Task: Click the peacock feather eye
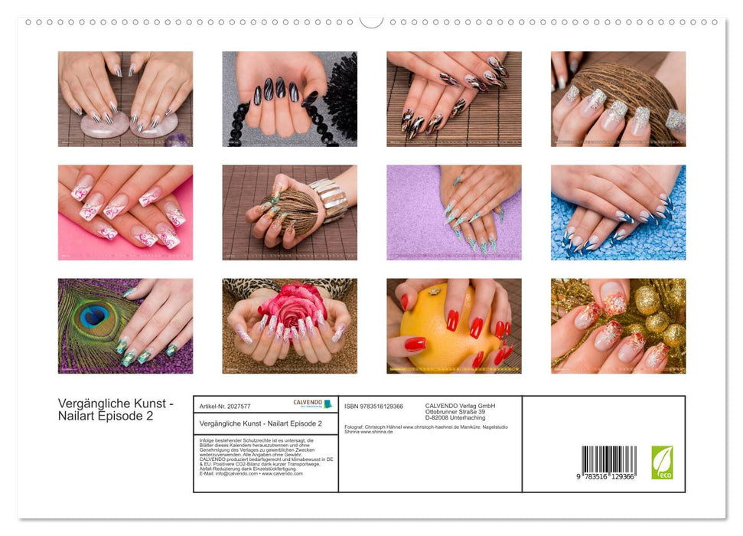pyautogui.click(x=93, y=315)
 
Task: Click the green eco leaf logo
pyautogui.click(x=662, y=462)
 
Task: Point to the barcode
pyautogui.click(x=608, y=461)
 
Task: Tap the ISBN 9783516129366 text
pyautogui.click(x=373, y=406)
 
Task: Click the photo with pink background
pyautogui.click(x=125, y=213)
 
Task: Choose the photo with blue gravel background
pyautogui.click(x=618, y=213)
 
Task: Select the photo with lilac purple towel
pyautogui.click(x=454, y=213)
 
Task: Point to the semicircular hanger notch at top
pyautogui.click(x=371, y=21)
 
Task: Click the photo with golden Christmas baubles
pyautogui.click(x=618, y=326)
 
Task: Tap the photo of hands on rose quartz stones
pyautogui.click(x=125, y=99)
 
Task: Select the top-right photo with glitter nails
pyautogui.click(x=618, y=99)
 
